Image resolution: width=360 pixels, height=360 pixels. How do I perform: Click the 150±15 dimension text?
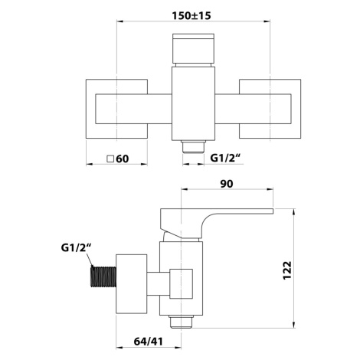pyautogui.click(x=191, y=16)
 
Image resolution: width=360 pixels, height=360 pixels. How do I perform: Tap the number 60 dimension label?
pyautogui.click(x=123, y=159)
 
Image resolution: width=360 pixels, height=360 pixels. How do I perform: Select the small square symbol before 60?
pyautogui.click(x=110, y=159)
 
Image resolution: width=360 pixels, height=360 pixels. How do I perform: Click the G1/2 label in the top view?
pyautogui.click(x=225, y=158)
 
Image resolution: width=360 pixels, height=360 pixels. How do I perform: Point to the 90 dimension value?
pyautogui.click(x=227, y=184)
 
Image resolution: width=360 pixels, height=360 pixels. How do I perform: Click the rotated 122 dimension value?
pyautogui.click(x=287, y=270)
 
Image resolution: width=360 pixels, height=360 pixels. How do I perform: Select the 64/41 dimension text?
pyautogui.click(x=148, y=341)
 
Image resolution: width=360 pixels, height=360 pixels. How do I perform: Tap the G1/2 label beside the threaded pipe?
pyautogui.click(x=76, y=248)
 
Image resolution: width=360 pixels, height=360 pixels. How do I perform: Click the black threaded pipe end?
pyautogui.click(x=103, y=277)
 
